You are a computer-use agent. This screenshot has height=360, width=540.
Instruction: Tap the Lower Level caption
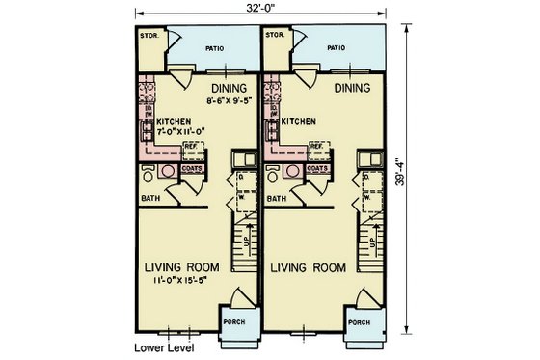(162, 348)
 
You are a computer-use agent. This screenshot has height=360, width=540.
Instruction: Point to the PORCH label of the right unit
(359, 322)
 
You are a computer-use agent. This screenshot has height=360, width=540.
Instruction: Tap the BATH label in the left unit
(149, 199)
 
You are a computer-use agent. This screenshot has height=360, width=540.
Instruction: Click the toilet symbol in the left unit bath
(148, 175)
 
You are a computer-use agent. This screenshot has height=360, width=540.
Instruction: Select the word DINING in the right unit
(354, 88)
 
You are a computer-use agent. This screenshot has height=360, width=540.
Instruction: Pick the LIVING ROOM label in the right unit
(307, 266)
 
